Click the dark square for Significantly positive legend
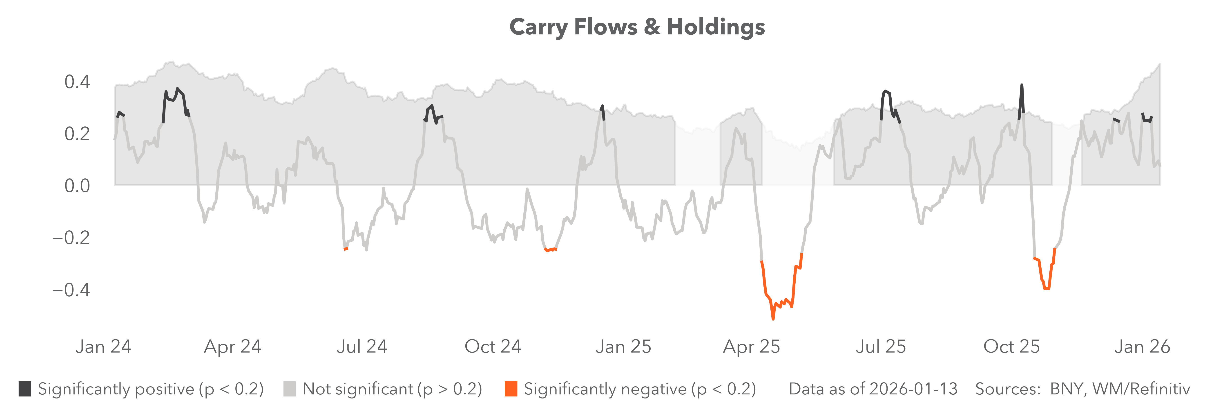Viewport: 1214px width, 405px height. tap(25, 389)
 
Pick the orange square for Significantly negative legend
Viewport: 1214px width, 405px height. tap(511, 389)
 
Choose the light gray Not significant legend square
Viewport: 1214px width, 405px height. tap(289, 389)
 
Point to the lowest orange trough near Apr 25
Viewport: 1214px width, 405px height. tap(773, 319)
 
